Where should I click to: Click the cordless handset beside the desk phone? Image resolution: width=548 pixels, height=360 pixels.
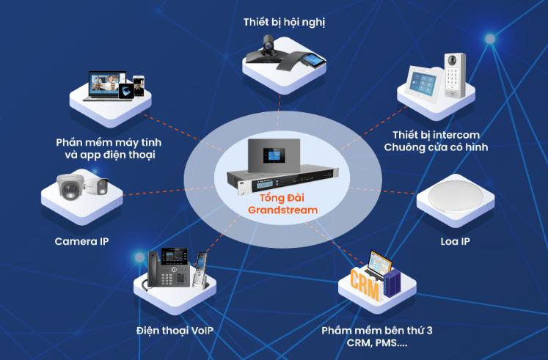200,270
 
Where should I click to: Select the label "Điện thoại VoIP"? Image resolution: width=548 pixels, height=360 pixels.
175,330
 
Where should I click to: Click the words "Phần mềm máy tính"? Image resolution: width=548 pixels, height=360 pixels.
108,142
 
